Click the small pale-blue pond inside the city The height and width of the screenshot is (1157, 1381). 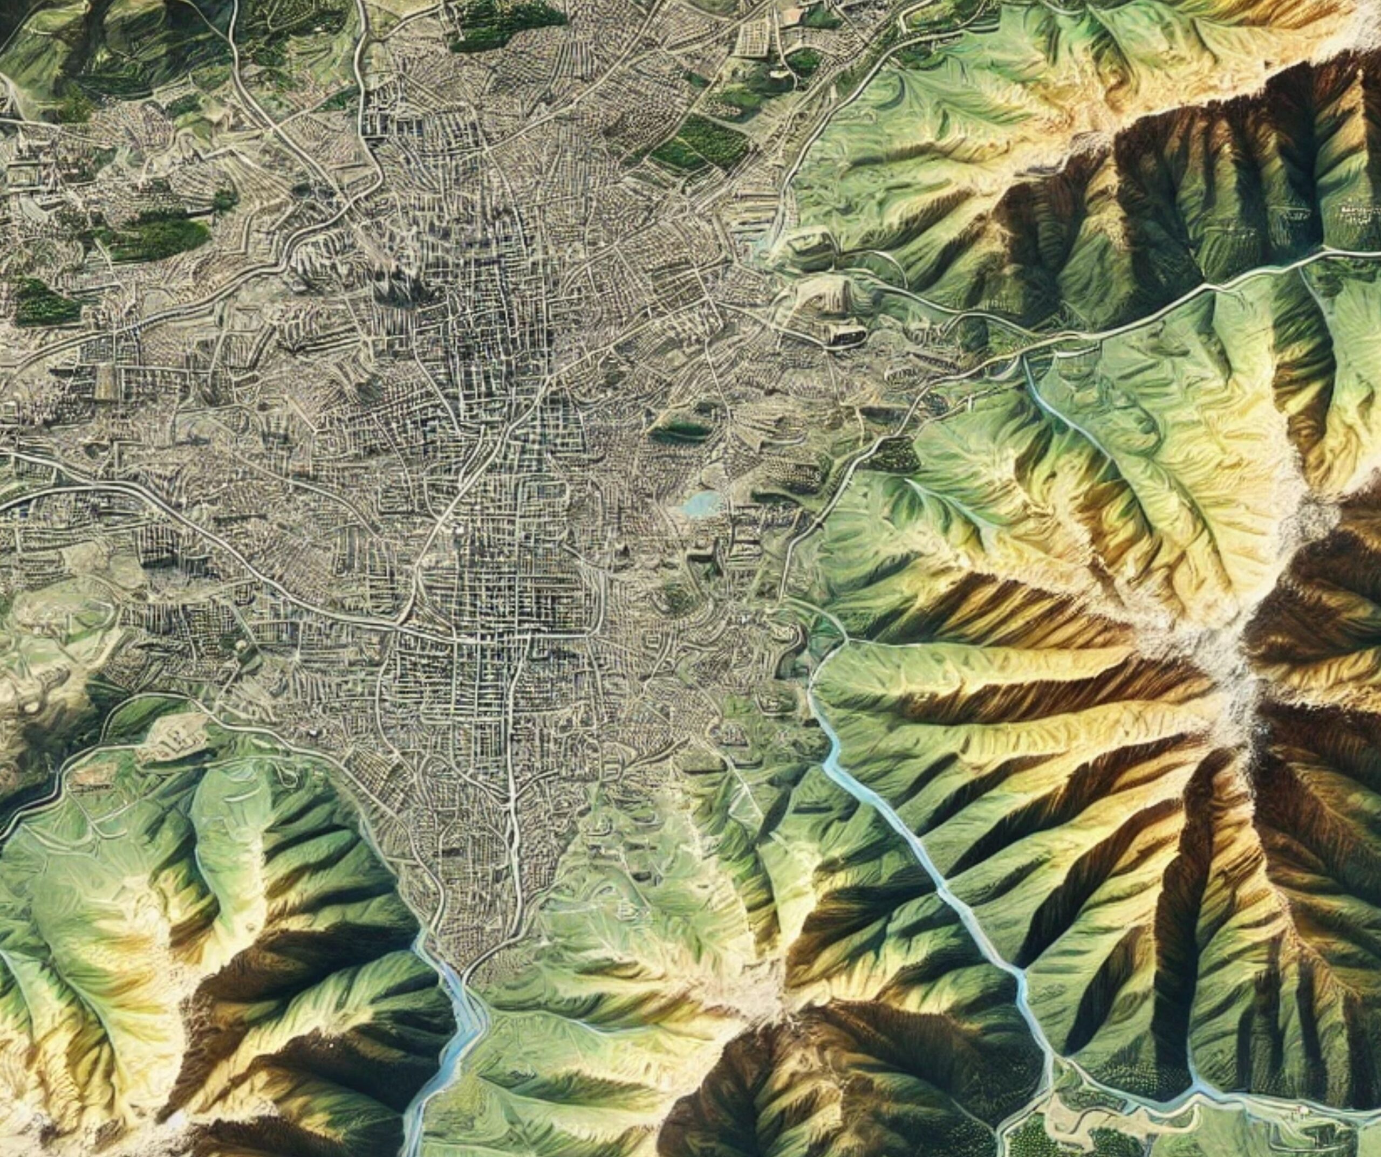click(699, 504)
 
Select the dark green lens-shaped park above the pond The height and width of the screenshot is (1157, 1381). click(681, 431)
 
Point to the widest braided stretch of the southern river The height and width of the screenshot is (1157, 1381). click(460, 1025)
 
